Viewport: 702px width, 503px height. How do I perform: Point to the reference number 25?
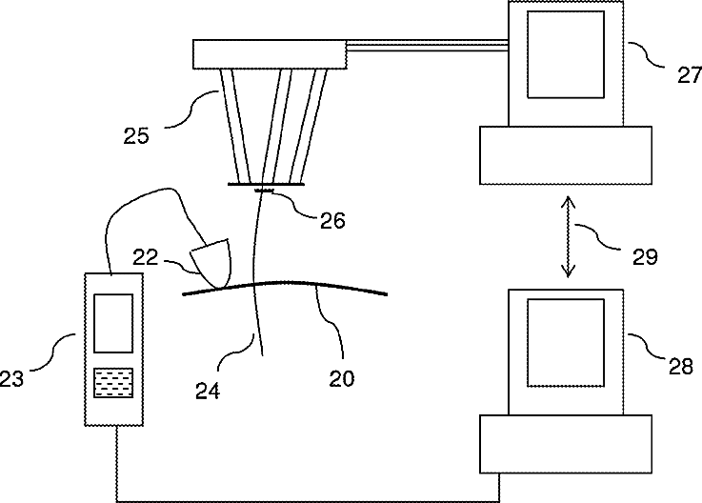[x=136, y=135]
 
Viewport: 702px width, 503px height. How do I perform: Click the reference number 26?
[x=332, y=220]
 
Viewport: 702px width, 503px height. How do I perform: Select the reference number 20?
[x=342, y=378]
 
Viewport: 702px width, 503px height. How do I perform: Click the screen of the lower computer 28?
[x=567, y=343]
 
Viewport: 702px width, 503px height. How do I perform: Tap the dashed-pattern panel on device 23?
[x=113, y=382]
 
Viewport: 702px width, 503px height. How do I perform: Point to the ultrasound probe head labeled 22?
[x=211, y=261]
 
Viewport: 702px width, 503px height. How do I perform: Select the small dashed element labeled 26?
[x=265, y=191]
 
